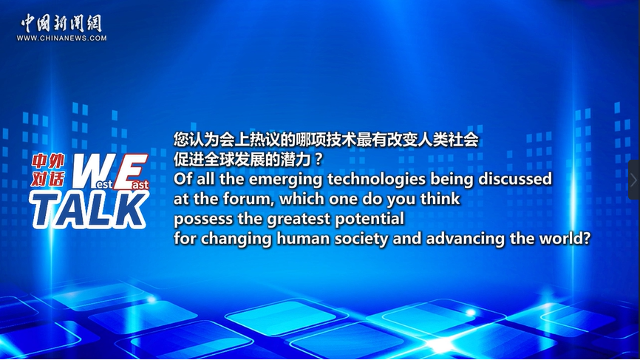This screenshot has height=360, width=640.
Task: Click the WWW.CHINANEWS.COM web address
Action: coord(61,38)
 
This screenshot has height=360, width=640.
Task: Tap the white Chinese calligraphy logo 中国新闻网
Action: coord(61,23)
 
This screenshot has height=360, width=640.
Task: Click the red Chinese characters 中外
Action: coord(48,162)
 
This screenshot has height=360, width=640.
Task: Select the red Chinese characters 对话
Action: coord(48,179)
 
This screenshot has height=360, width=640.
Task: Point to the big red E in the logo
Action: coord(131,171)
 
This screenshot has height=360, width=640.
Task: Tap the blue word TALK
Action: coord(89,210)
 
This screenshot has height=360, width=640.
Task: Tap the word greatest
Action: coord(299,220)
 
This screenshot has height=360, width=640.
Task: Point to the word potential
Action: coord(370,220)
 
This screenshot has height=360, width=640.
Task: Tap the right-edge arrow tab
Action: coord(634,180)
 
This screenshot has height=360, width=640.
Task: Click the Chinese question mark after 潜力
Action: coord(319,159)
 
